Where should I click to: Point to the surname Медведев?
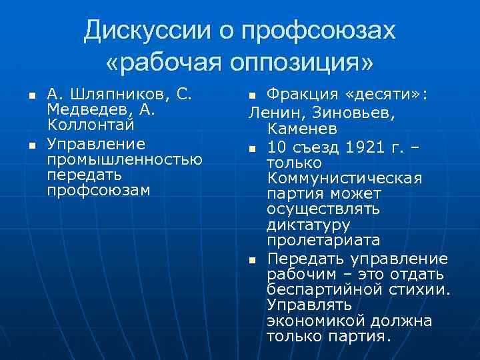(x=85, y=109)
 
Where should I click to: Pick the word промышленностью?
(x=125, y=159)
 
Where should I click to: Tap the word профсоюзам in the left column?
(x=99, y=190)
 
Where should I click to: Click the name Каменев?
(x=302, y=127)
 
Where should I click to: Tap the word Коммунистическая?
(x=344, y=178)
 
